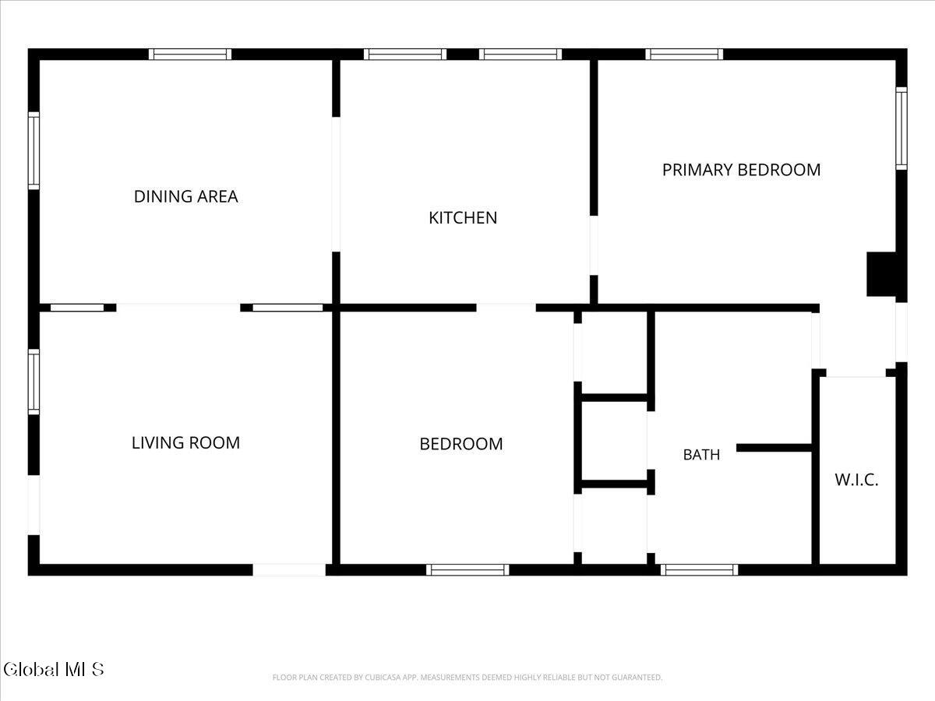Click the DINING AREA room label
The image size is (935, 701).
[185, 196]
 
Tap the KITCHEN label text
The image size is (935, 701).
[463, 218]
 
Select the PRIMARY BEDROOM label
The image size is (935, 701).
[741, 170]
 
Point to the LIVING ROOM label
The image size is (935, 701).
[185, 442]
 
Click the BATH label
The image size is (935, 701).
[701, 455]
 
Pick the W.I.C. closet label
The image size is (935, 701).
[856, 480]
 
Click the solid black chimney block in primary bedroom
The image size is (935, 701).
[881, 274]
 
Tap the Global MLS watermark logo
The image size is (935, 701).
[53, 670]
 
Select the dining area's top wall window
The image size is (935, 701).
[190, 55]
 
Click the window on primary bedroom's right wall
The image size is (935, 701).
[901, 129]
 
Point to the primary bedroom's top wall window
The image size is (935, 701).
[684, 55]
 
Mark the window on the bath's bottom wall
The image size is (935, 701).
[699, 570]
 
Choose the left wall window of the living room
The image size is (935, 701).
[34, 382]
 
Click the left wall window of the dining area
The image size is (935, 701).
[34, 150]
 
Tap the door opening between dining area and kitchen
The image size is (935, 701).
[336, 185]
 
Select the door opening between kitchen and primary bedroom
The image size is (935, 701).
[594, 245]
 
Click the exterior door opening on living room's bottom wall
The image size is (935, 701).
[289, 570]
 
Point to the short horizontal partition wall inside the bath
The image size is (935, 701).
[774, 448]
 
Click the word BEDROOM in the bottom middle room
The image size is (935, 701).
[461, 444]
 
